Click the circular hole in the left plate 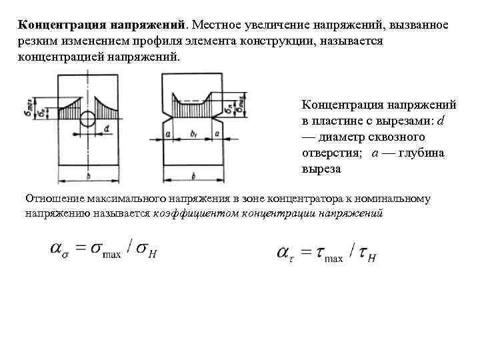click(87, 120)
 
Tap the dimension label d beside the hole click(107, 127)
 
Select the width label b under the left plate click(87, 176)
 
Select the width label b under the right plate click(193, 176)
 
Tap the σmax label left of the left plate click(25, 105)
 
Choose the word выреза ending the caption click(321, 169)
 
